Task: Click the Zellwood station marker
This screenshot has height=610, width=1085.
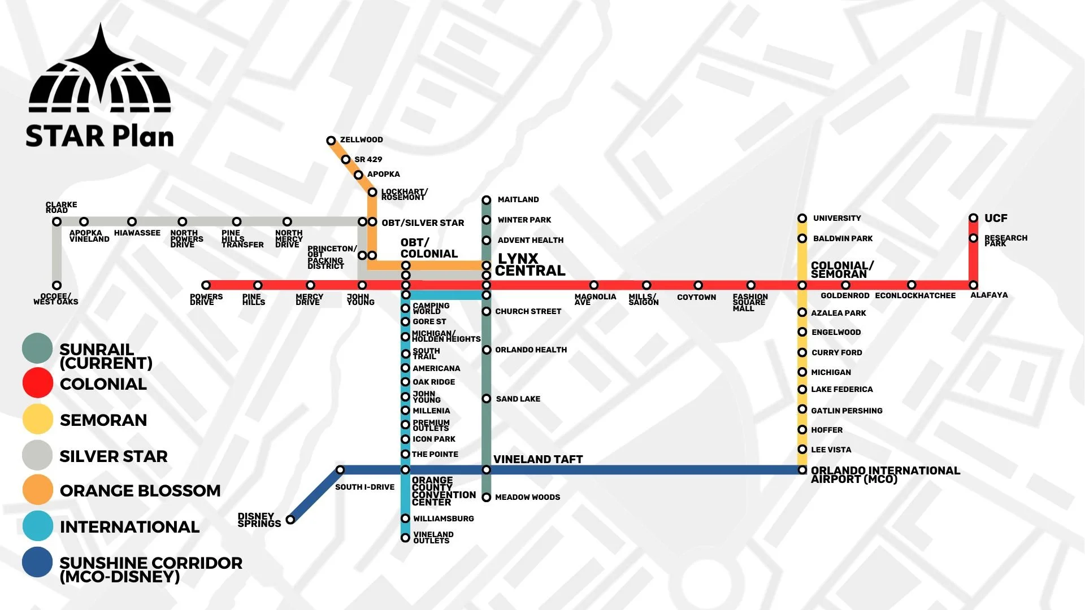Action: pos(331,141)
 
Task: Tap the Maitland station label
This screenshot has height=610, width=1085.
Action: pos(518,199)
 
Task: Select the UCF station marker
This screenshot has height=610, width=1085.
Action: pos(973,218)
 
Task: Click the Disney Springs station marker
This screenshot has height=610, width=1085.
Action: pos(290,520)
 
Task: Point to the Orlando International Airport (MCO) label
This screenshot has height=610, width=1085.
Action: pos(885,474)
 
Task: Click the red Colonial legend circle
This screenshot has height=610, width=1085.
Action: pos(38,383)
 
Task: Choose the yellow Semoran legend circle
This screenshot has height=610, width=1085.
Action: pos(38,419)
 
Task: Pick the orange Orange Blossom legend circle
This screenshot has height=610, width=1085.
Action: pos(38,489)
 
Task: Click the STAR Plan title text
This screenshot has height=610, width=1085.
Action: pos(99,136)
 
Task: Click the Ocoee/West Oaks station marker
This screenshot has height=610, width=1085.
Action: pos(57,285)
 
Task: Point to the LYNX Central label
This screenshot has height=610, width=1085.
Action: pos(530,265)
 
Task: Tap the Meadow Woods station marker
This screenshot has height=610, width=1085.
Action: pos(486,497)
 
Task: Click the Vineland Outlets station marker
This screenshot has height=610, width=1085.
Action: pos(405,538)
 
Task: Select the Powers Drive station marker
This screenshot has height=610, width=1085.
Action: pos(206,285)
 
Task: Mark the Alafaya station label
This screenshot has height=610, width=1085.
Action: pos(989,295)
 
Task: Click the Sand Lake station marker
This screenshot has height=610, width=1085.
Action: pos(486,399)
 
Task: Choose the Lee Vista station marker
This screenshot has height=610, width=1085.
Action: pos(802,450)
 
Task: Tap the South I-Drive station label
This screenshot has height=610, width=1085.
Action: pos(364,487)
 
